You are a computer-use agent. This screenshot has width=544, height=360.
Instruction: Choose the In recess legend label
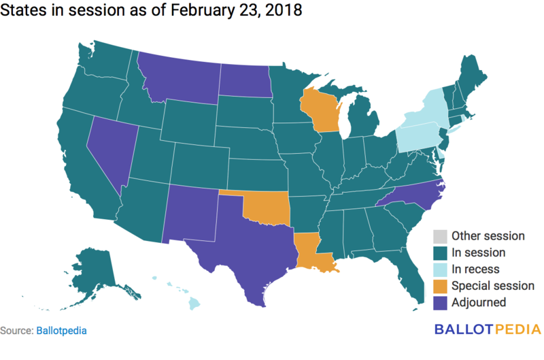475,269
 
